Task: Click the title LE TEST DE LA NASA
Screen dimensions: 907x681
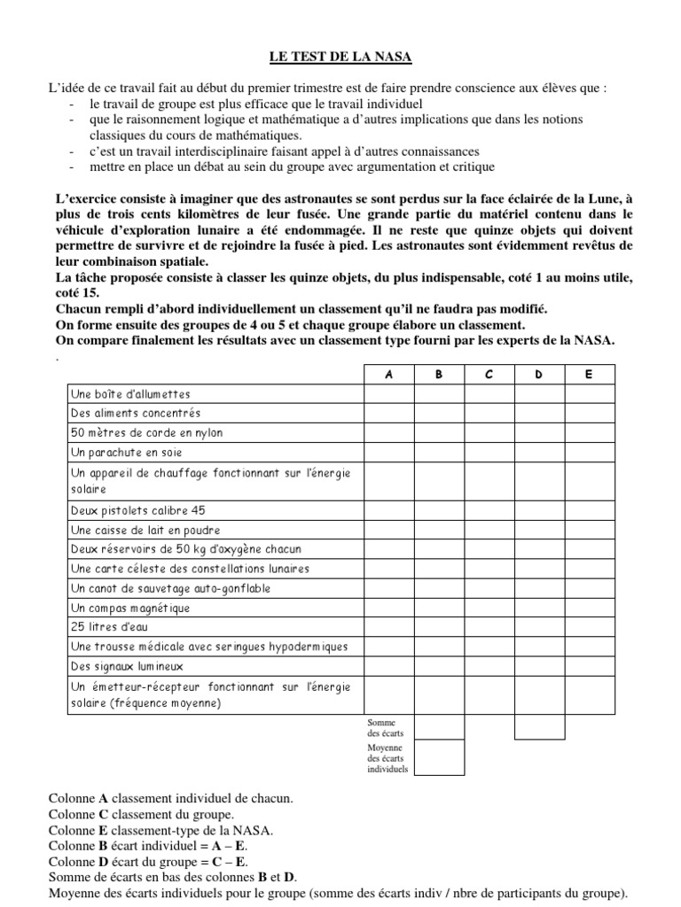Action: [x=340, y=58]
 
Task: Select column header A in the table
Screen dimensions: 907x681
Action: [x=388, y=375]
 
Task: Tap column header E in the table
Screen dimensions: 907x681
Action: [x=589, y=375]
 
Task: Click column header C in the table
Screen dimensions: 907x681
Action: [x=489, y=375]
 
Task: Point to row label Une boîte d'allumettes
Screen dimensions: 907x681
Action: [x=130, y=394]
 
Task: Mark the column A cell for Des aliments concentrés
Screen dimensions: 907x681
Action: [x=388, y=414]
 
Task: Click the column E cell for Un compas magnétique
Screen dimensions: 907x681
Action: [x=589, y=608]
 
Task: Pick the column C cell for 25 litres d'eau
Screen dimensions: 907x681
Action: [x=489, y=627]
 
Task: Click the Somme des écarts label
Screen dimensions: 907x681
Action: [x=385, y=728]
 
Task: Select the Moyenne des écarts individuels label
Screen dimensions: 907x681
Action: [x=387, y=758]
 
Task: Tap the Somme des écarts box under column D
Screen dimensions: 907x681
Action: [x=539, y=727]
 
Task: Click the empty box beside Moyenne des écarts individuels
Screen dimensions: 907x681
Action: [x=439, y=757]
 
